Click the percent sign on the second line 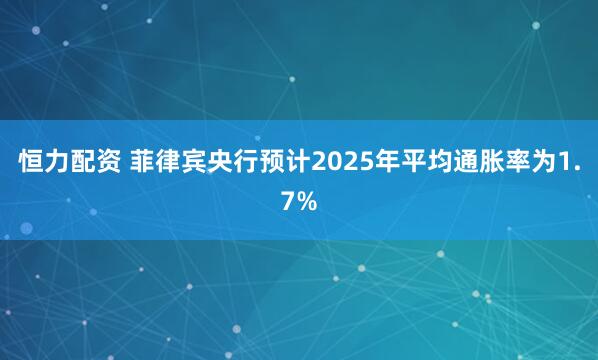[x=308, y=203]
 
